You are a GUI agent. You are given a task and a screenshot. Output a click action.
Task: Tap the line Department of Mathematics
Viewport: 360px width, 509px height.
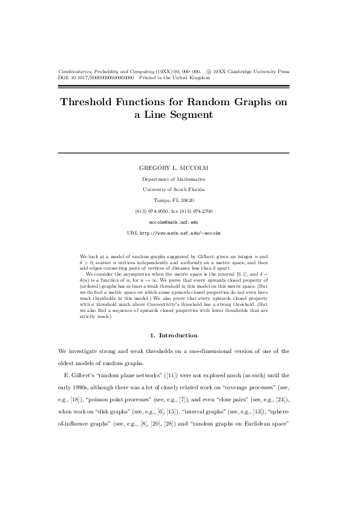tap(173, 179)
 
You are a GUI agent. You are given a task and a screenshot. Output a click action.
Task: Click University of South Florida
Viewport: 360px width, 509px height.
tap(173, 189)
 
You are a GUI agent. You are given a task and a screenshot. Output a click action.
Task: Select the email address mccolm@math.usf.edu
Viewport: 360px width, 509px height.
tap(173, 222)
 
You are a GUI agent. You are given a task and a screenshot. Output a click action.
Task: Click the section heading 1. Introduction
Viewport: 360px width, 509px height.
tap(173, 335)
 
